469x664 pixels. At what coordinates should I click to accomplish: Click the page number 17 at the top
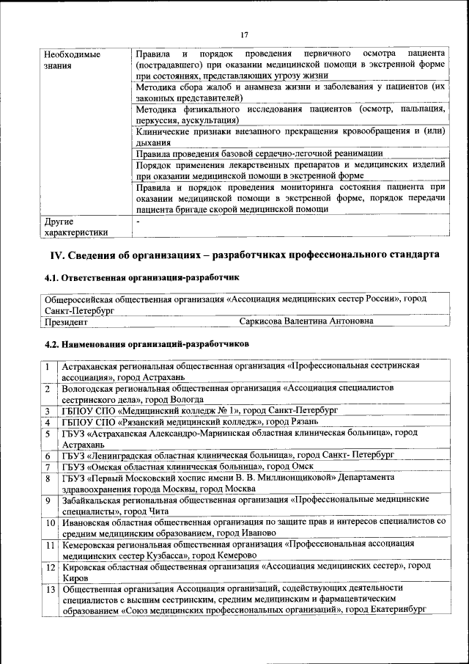[243, 34]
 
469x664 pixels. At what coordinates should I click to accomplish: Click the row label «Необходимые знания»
[71, 60]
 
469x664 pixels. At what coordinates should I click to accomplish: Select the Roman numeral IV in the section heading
[57, 255]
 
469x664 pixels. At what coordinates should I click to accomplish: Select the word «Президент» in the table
[66, 321]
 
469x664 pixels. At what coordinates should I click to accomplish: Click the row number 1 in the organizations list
[47, 366]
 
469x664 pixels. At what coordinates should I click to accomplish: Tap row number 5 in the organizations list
[47, 433]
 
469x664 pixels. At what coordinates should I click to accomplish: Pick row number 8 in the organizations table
[47, 478]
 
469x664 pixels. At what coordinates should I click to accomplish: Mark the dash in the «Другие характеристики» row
[137, 220]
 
